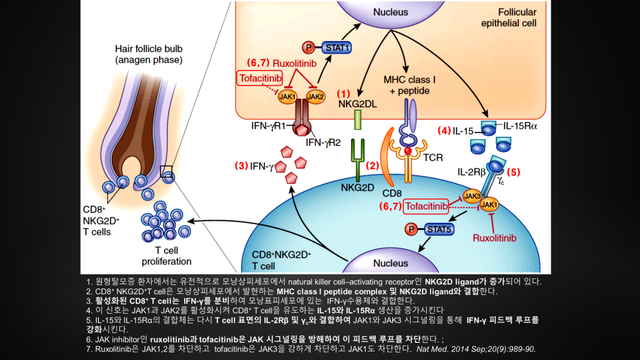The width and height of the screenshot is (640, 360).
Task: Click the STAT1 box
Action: [x=337, y=48]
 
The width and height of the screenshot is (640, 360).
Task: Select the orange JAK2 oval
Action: [x=316, y=97]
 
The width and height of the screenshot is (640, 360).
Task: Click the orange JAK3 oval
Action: [x=472, y=196]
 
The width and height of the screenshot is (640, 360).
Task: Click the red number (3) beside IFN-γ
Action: [x=241, y=166]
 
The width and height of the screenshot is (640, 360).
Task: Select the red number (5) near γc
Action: [x=514, y=172]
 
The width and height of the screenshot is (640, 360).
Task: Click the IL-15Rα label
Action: [x=520, y=125]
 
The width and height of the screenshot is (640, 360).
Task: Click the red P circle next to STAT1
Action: [x=307, y=48]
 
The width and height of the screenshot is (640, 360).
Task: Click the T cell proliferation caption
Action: [x=163, y=256]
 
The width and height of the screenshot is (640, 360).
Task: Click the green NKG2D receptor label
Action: [x=358, y=188]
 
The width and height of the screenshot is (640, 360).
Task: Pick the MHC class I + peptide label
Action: [x=411, y=85]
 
